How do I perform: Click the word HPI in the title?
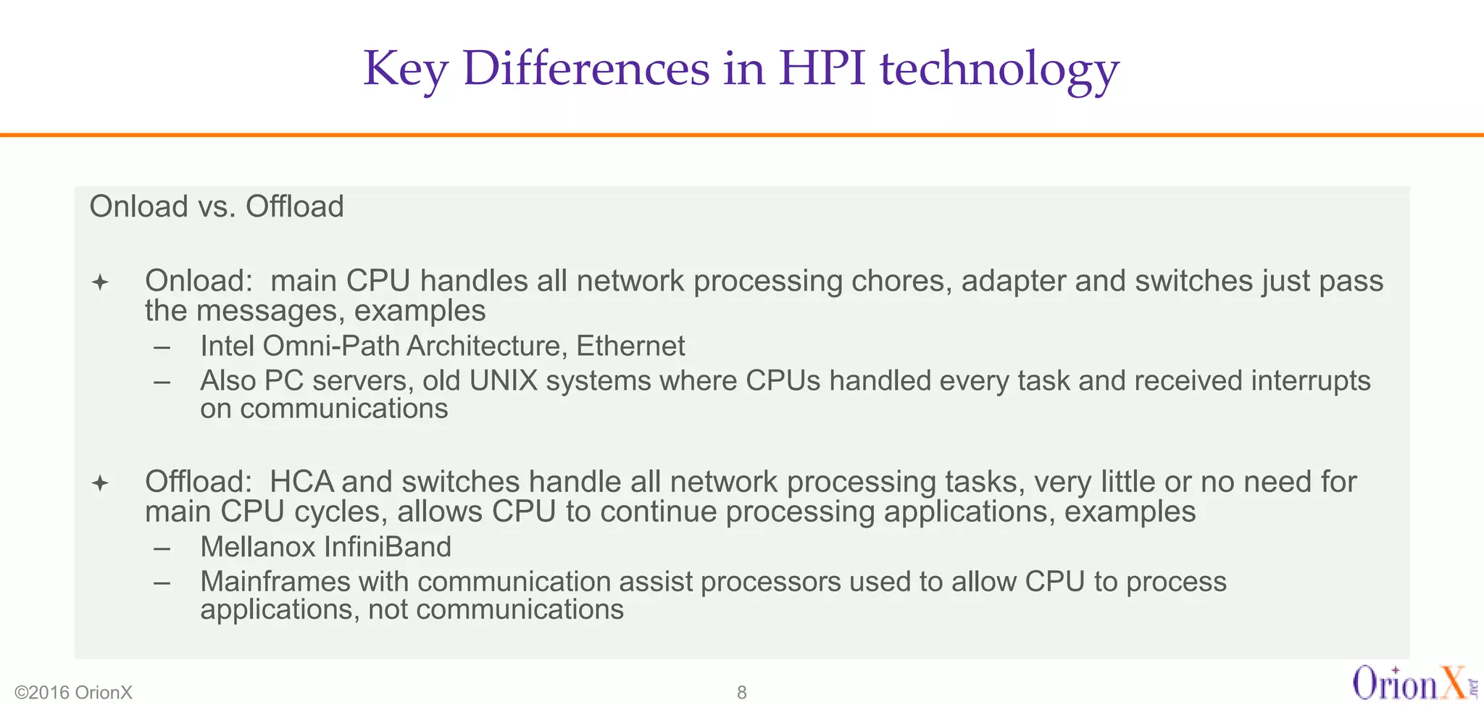822,68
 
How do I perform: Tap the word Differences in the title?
586,68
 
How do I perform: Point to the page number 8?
741,692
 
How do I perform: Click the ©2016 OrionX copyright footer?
74,692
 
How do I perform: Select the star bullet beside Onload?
100,282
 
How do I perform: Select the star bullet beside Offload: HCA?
100,483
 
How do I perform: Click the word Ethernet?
630,346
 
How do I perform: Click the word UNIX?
503,381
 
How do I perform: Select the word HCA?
301,483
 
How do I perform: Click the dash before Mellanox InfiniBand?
162,548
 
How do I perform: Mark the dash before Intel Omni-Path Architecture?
162,348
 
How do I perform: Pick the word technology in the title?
999,70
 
